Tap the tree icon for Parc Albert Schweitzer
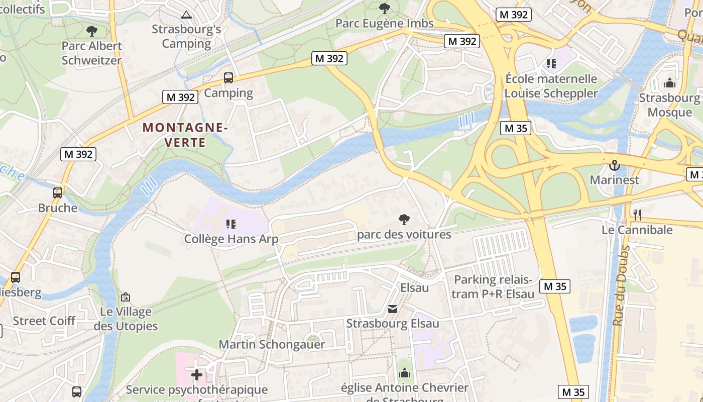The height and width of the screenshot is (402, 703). (92, 31)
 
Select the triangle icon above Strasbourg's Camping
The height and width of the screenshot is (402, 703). (187, 15)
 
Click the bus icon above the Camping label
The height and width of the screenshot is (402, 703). (228, 78)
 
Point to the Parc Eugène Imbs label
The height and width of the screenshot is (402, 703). (384, 23)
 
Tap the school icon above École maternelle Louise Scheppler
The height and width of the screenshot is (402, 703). (551, 64)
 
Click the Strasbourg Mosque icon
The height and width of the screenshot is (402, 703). (669, 83)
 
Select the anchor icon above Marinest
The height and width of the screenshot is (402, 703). (614, 165)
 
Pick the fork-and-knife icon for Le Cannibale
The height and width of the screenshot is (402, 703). (637, 215)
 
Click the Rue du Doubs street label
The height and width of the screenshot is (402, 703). (621, 285)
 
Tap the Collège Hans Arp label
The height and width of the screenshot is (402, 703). (231, 239)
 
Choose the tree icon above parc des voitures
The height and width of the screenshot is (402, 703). (404, 220)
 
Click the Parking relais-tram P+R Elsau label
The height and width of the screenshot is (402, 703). (493, 287)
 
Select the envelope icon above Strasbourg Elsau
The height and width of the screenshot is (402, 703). (393, 309)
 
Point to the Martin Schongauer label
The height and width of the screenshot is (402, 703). (272, 344)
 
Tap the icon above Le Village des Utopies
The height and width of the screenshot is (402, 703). (126, 297)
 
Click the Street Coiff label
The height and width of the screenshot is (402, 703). (44, 321)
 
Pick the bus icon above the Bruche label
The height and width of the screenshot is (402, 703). (58, 193)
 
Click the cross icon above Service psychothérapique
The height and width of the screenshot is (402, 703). (197, 375)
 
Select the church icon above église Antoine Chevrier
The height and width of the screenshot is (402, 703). (405, 373)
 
